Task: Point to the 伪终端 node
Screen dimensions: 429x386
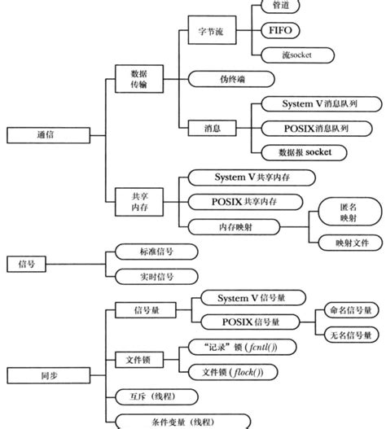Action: (x=234, y=79)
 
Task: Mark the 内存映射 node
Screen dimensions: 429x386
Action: (x=234, y=225)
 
